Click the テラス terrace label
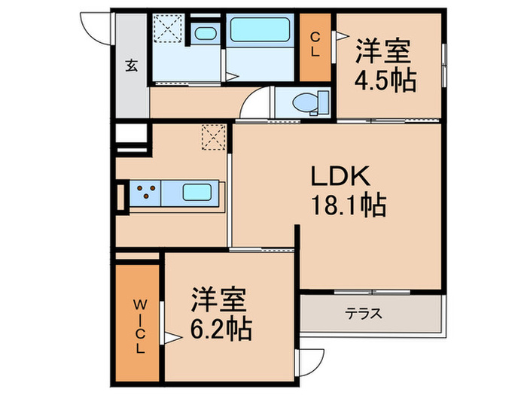point(364,313)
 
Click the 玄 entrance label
point(131,65)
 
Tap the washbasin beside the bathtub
point(204,33)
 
